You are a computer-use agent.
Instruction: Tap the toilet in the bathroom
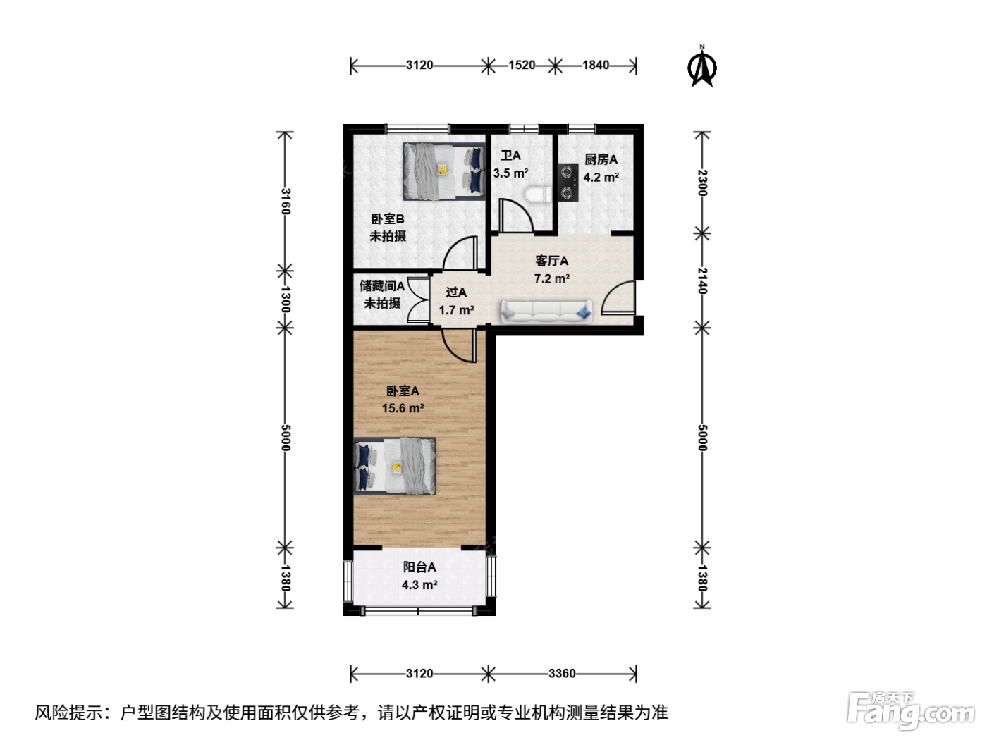(x=538, y=195)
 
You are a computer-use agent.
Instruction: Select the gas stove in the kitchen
(x=568, y=182)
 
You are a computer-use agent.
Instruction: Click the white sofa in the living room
(x=546, y=312)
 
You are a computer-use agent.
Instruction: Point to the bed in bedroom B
(x=444, y=171)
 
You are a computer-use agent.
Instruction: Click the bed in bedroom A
(x=394, y=467)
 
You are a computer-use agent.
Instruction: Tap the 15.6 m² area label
(x=403, y=408)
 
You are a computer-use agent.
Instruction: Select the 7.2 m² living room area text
(x=552, y=278)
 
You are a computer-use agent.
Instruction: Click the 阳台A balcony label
(x=419, y=567)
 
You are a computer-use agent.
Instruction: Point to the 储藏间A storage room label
(x=382, y=285)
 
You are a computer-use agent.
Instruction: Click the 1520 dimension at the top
(x=522, y=65)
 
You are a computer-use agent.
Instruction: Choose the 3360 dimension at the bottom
(x=562, y=673)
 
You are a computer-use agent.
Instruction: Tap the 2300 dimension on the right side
(x=702, y=183)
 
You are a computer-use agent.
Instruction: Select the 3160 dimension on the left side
(x=286, y=202)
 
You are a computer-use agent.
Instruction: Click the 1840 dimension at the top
(x=596, y=65)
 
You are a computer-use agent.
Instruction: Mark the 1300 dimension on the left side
(x=286, y=300)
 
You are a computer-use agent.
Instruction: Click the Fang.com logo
(x=911, y=710)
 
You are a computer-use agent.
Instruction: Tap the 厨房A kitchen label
(x=601, y=159)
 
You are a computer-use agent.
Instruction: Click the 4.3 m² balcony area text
(x=419, y=584)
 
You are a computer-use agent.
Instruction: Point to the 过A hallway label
(x=456, y=292)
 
